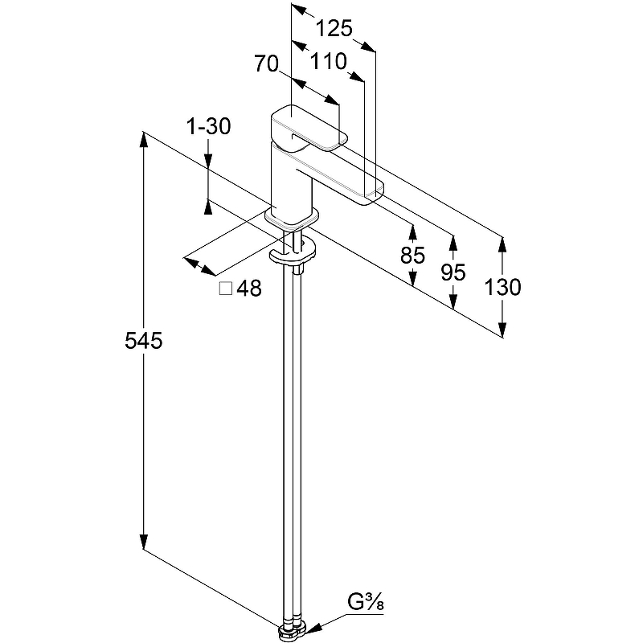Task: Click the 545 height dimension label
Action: click(x=144, y=342)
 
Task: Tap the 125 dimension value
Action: click(x=334, y=29)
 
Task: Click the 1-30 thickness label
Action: click(x=208, y=126)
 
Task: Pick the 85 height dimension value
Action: click(x=412, y=256)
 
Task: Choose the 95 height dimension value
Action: click(x=453, y=272)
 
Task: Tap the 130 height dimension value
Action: click(x=503, y=287)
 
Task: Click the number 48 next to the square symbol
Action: click(x=250, y=289)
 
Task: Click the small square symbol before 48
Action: click(x=226, y=289)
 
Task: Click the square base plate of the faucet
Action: click(x=291, y=217)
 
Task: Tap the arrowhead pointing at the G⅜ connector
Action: click(x=317, y=627)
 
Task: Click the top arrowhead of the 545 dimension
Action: click(x=144, y=137)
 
